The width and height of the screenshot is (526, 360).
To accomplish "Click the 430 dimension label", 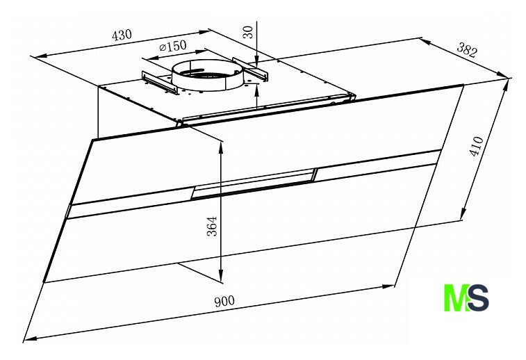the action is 122,35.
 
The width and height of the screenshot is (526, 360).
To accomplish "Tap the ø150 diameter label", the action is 173,46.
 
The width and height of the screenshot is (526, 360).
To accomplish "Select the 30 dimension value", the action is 248,32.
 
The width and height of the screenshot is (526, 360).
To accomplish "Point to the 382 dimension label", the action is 467,50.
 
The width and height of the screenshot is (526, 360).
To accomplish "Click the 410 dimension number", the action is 477,147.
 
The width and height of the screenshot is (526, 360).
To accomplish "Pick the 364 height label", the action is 212,227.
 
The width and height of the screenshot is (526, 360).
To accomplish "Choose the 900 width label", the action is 224,301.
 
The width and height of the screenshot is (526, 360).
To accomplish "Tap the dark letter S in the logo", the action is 478,298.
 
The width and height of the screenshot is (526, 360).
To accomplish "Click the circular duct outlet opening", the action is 207,74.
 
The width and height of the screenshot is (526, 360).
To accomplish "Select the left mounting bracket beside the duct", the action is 159,82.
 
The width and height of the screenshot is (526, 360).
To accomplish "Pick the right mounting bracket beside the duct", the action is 251,69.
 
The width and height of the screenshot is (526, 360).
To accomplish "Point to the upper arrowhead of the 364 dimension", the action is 221,147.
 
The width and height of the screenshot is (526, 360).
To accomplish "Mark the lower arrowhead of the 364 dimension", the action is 221,275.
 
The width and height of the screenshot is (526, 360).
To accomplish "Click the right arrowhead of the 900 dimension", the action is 388,287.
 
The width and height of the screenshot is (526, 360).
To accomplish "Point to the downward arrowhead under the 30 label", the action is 256,61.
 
